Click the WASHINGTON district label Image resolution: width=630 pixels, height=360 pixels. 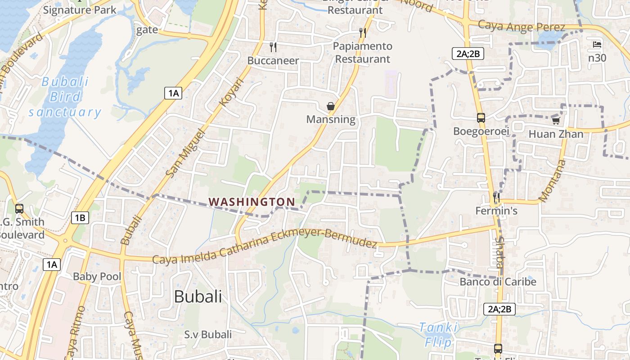point(252,202)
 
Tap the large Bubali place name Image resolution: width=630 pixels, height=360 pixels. point(198,297)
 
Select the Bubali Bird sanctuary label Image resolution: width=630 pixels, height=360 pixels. point(65,97)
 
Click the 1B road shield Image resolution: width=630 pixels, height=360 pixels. point(80,218)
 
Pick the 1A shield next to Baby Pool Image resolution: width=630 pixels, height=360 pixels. point(52,264)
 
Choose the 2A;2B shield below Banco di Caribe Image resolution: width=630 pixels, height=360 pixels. point(499,309)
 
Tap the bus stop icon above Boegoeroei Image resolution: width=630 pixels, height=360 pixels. point(481,118)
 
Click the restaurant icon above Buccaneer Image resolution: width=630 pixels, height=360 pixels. point(273,47)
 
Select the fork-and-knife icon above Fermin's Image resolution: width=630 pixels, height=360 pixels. point(496,197)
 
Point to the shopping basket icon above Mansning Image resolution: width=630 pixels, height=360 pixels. point(331,106)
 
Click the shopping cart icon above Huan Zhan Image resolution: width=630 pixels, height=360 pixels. point(556,121)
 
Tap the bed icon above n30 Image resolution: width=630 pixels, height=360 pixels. point(597,45)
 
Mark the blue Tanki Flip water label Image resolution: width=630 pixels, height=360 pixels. point(438,335)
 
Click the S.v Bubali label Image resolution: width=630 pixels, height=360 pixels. point(208,334)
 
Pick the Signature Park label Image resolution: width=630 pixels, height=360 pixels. point(80,10)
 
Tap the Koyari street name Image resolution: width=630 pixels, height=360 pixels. point(231,92)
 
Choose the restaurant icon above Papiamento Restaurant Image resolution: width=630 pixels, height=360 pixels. point(363,32)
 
